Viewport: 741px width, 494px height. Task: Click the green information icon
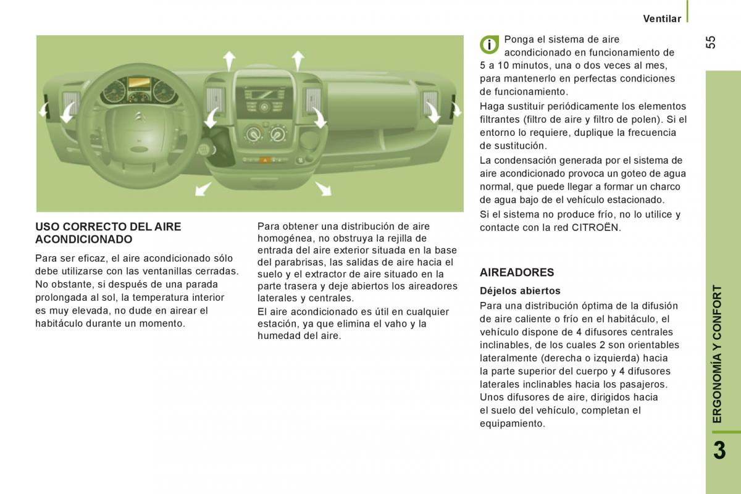coord(489,44)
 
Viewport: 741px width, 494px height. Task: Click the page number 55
coord(710,42)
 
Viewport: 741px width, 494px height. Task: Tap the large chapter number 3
coord(719,451)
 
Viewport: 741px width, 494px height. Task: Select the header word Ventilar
coord(662,19)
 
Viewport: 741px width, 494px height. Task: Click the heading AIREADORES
coord(517,272)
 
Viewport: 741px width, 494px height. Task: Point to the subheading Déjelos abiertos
coord(520,291)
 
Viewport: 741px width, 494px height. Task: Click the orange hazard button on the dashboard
coord(265,161)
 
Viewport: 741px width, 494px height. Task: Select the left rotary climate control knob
coord(254,133)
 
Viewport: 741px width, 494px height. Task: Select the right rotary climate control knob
coord(278,133)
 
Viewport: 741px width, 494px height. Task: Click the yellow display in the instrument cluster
coord(139,83)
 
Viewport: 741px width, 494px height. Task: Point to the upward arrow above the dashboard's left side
coord(229,61)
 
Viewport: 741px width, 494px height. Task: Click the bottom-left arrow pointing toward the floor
coord(203,188)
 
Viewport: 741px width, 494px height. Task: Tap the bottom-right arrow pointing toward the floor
coord(323,188)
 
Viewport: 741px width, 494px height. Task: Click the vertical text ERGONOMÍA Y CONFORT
coord(717,354)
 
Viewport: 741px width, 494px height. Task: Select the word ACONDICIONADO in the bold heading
coord(84,239)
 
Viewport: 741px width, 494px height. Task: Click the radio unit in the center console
coord(264,99)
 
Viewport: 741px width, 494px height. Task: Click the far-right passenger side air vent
coord(430,103)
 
